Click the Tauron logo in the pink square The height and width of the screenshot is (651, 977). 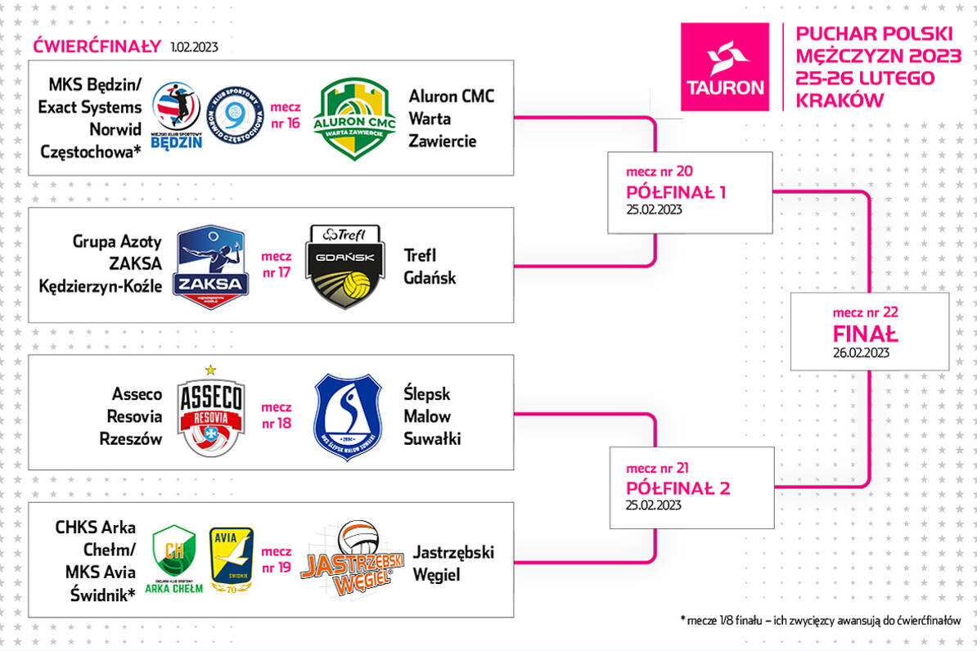pos(725,67)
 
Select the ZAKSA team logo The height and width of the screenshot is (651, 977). pos(211,265)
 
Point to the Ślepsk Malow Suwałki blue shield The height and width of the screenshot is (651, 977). pos(348,416)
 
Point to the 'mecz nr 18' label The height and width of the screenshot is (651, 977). pos(276,415)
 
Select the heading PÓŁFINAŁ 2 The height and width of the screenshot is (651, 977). pos(678,488)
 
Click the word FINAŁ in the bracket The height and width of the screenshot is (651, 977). pos(865,334)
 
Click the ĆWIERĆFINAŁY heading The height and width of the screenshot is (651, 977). pos(97,46)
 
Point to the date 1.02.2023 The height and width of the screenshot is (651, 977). pos(195,47)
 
